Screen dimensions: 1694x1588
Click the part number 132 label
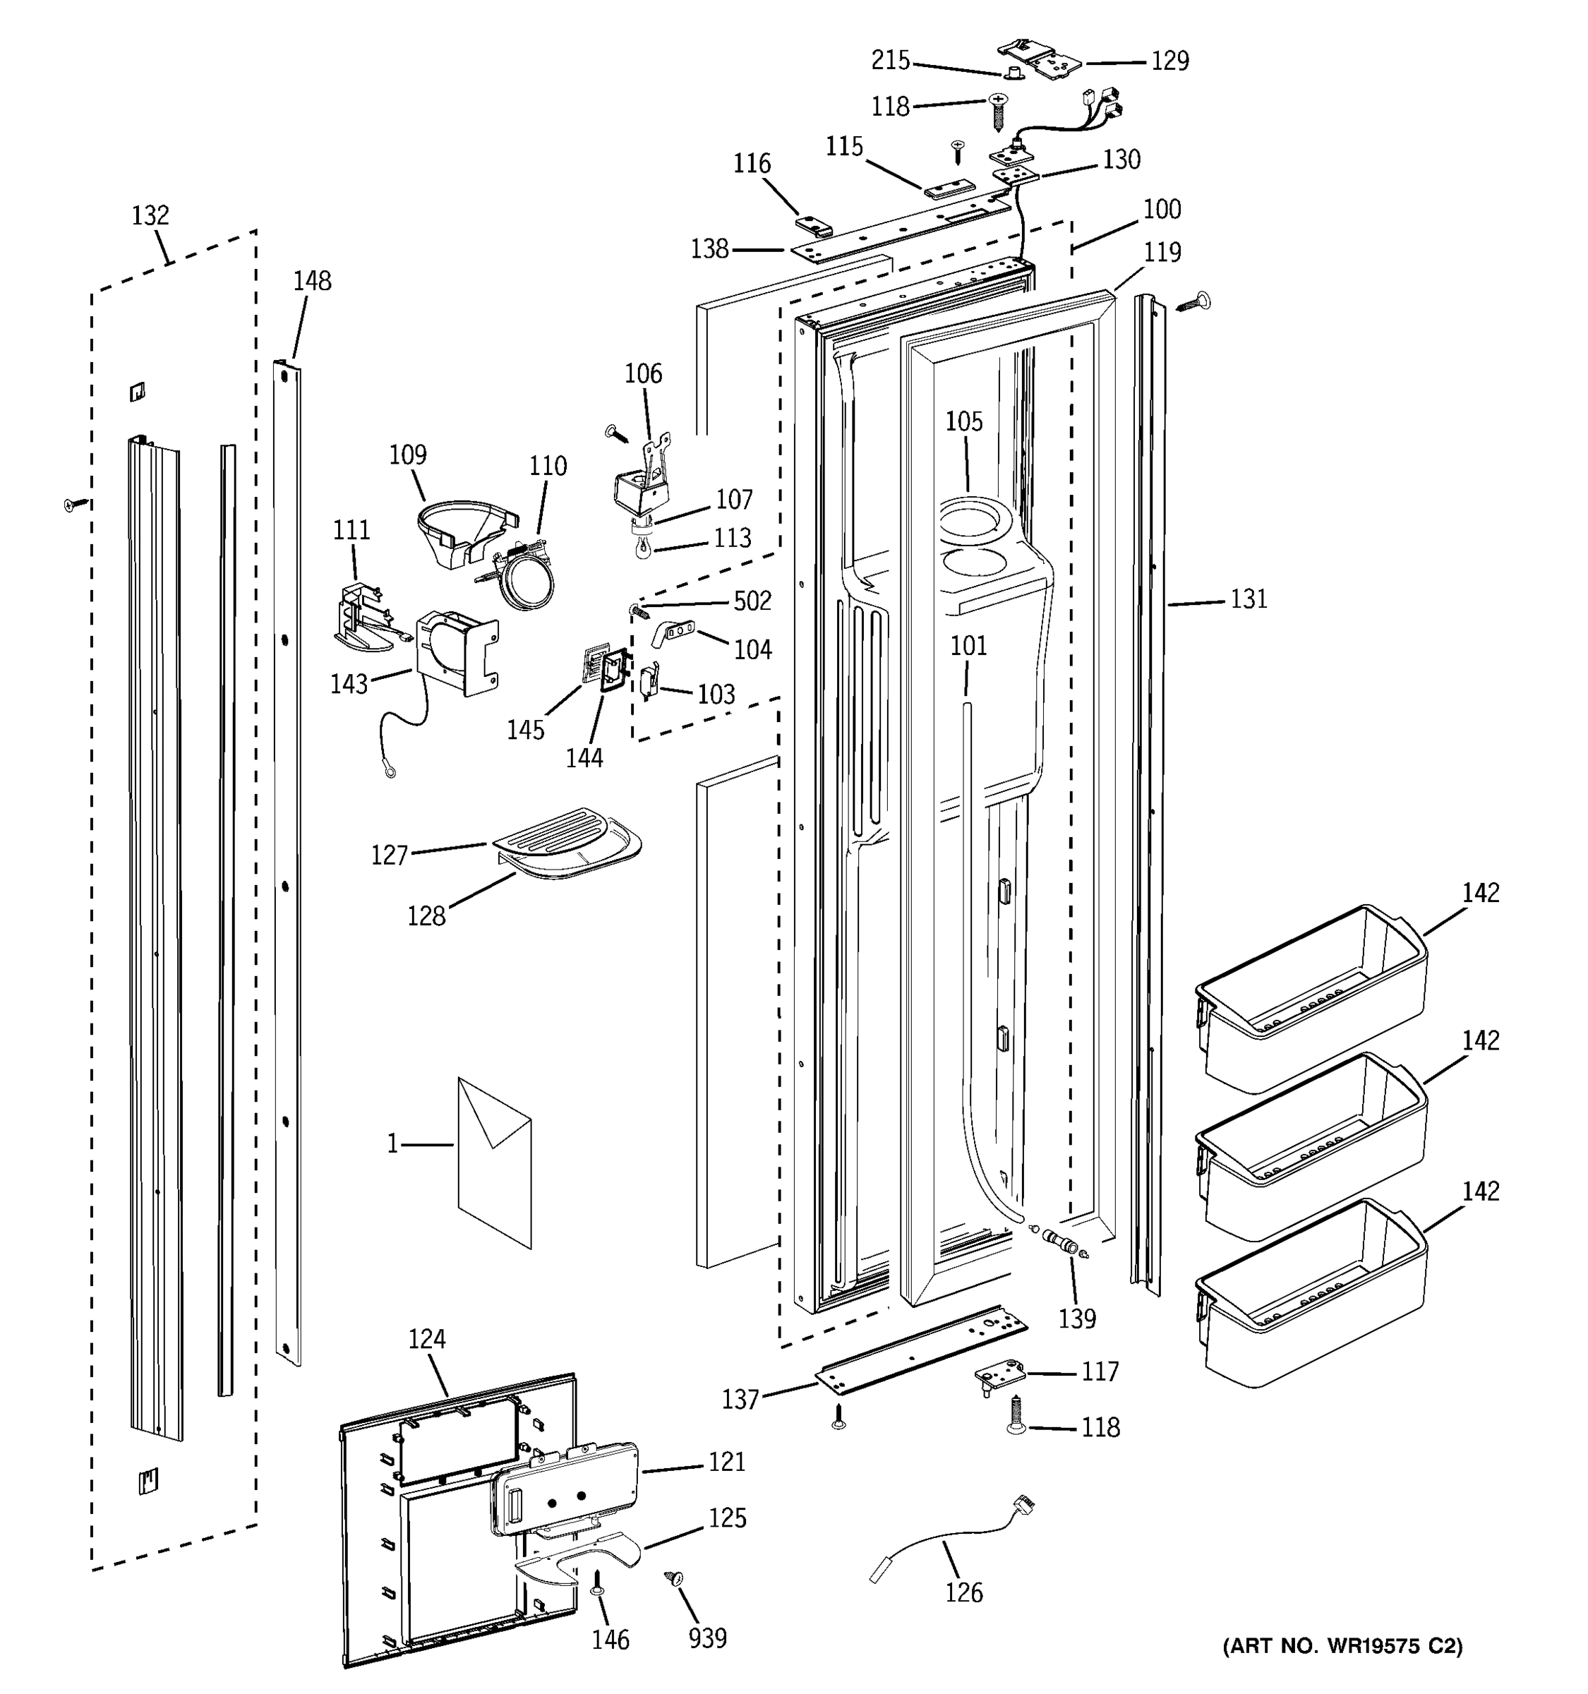tap(150, 215)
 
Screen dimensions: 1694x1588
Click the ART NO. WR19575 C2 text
tap(1342, 1645)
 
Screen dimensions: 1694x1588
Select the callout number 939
tap(707, 1638)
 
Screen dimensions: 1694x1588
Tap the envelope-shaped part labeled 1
tap(495, 1163)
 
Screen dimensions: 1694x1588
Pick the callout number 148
tap(312, 281)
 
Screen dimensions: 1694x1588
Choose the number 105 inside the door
tap(963, 422)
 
